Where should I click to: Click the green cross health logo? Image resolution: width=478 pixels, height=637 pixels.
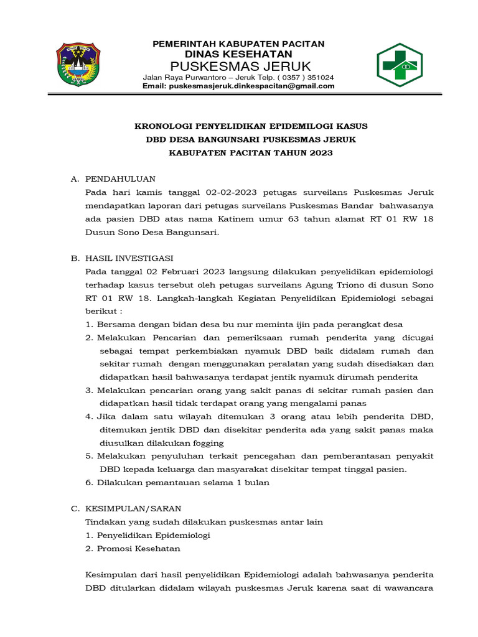pyautogui.click(x=400, y=65)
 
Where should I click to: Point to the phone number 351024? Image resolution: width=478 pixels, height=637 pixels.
pyautogui.click(x=319, y=77)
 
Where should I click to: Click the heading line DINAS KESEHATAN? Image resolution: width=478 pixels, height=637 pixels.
pyautogui.click(x=240, y=54)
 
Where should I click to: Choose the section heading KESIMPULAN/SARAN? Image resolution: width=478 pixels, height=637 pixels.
pyautogui.click(x=133, y=508)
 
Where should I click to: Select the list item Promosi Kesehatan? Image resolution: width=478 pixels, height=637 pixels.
pyautogui.click(x=139, y=548)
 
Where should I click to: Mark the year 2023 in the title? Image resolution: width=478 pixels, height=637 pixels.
pyautogui.click(x=319, y=152)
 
